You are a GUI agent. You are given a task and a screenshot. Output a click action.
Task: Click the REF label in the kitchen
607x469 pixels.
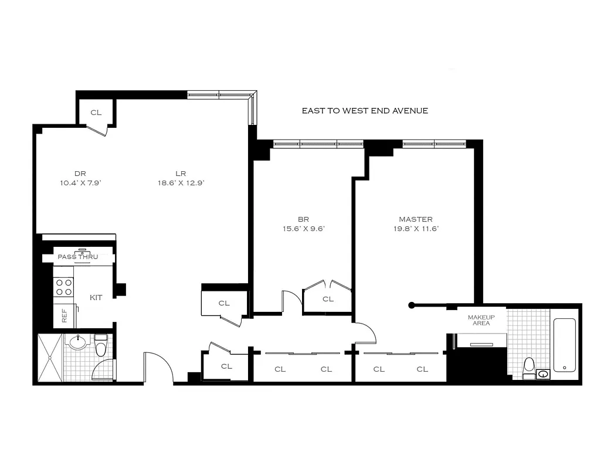65,315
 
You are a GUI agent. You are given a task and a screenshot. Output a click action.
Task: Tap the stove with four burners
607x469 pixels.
63,287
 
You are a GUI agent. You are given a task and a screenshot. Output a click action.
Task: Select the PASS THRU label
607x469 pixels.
78,257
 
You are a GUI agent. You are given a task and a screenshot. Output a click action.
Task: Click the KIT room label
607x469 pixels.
96,298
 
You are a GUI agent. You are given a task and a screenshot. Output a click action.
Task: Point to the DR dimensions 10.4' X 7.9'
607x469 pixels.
80,183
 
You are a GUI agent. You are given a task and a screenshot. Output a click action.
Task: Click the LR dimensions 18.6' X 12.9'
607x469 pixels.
181,183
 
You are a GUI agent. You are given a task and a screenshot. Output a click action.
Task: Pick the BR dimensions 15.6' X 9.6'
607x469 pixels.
304,229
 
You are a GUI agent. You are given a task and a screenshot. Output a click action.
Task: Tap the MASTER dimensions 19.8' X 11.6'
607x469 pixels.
416,229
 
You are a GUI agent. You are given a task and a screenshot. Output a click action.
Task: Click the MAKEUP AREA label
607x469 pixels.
481,320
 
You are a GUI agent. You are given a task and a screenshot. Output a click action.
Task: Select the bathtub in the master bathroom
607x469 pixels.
564,345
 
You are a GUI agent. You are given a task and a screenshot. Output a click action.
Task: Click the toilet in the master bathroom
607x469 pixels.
529,368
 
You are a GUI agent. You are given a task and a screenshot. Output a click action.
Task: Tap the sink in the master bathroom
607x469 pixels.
543,374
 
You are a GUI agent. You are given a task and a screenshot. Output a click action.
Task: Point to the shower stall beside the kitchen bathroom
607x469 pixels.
50,358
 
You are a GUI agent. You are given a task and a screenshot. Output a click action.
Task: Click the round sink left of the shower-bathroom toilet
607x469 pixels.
79,342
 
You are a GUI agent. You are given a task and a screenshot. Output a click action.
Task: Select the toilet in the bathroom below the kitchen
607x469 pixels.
101,345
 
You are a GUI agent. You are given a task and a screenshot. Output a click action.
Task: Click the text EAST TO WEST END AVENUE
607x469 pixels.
365,111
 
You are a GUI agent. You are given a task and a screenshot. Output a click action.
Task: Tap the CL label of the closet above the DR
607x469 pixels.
96,113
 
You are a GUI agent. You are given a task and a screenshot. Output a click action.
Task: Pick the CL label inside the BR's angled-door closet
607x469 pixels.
328,299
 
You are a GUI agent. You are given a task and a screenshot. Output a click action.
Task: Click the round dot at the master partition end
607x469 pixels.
412,305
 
